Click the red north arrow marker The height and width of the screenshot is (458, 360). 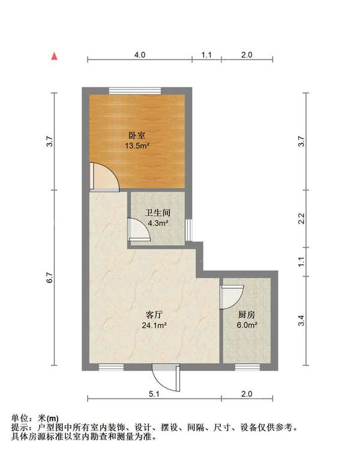[x=54, y=56]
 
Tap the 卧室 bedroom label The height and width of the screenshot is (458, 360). [x=137, y=135]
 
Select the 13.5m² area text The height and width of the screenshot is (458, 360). [x=137, y=146]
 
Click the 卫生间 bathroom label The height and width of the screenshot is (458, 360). [x=158, y=213]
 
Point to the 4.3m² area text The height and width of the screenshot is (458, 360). [x=158, y=224]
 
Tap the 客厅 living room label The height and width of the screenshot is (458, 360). [x=154, y=315]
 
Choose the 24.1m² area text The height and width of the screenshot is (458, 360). [x=154, y=325]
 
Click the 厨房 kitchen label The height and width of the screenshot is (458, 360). [x=247, y=315]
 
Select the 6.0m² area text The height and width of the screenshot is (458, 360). [x=247, y=325]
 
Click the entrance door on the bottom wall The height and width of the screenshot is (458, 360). [x=166, y=378]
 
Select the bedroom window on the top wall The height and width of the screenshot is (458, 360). [x=135, y=91]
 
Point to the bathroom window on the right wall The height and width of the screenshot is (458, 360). [x=188, y=230]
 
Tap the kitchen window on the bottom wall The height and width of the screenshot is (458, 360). [x=247, y=367]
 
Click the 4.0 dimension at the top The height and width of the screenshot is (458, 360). [x=140, y=55]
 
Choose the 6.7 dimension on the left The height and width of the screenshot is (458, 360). [x=49, y=278]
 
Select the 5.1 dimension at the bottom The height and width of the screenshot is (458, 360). [x=154, y=394]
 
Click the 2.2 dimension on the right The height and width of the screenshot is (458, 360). [x=301, y=218]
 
